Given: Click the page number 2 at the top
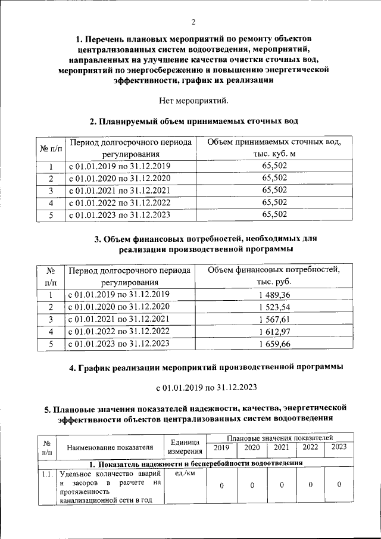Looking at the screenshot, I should point(193,23).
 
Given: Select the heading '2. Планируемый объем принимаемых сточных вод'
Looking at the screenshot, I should point(193,121).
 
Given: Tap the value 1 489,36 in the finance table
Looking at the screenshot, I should point(274,295).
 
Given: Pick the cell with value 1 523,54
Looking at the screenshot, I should point(274,307).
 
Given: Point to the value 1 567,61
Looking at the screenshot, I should point(274,319).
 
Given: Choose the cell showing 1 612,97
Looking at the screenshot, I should point(274,331).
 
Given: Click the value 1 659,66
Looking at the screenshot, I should point(274,344).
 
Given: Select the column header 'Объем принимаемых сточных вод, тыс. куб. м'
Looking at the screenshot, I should point(274,148).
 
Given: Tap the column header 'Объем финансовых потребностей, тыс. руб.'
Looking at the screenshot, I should point(274,276).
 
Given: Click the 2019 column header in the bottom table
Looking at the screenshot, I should point(221,447).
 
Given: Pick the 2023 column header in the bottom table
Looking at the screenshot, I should point(339,447).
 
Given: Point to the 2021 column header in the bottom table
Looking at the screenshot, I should point(281,447).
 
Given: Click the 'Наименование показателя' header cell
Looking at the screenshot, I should point(110,447).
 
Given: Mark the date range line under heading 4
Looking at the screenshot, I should point(206,388).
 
